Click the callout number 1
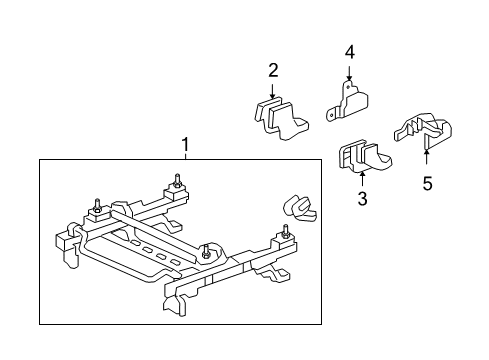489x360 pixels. point(185,146)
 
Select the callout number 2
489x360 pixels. point(273,70)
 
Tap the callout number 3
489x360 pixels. point(362,199)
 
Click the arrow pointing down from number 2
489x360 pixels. point(273,90)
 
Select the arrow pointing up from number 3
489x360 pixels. point(362,177)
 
